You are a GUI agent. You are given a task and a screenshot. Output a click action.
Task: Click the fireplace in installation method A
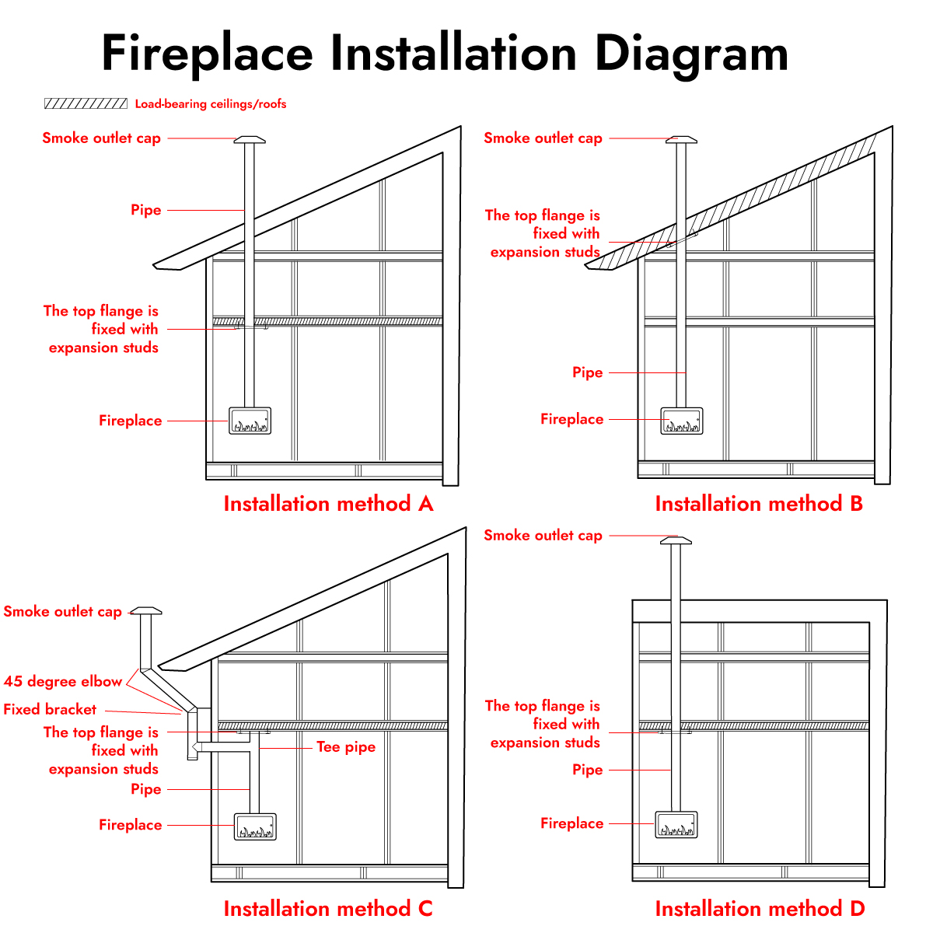click(x=250, y=421)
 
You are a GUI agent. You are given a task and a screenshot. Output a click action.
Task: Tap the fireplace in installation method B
click(x=682, y=421)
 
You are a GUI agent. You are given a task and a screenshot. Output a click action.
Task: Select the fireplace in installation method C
click(x=255, y=826)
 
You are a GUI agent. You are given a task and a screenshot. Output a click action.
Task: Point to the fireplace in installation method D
click(x=676, y=825)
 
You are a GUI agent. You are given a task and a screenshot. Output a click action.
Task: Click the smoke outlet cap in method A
click(x=250, y=140)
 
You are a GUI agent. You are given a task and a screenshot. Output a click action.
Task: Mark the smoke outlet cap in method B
click(x=682, y=140)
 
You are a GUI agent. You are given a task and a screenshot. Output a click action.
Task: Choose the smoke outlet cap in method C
click(x=145, y=611)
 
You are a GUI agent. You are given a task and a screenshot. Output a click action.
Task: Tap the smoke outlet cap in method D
click(x=676, y=540)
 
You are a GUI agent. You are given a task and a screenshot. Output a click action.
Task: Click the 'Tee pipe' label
click(x=346, y=747)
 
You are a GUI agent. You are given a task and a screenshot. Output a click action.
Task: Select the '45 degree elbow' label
click(x=62, y=681)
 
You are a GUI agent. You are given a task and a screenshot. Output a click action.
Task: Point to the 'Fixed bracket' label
click(x=50, y=709)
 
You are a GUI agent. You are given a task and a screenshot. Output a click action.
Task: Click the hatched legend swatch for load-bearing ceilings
click(x=86, y=103)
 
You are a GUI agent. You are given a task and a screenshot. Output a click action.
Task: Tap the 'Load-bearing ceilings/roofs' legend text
click(x=211, y=104)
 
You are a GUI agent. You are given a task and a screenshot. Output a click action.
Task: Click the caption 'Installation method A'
click(x=328, y=504)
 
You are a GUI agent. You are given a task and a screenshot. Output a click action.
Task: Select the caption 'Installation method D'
click(x=760, y=909)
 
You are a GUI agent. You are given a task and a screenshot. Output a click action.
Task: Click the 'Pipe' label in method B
click(x=587, y=372)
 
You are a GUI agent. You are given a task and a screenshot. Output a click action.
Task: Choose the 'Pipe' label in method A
click(x=145, y=210)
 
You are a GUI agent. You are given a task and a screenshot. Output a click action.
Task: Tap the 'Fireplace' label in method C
click(x=131, y=825)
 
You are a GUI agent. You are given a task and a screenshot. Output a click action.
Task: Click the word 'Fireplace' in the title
click(x=208, y=54)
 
